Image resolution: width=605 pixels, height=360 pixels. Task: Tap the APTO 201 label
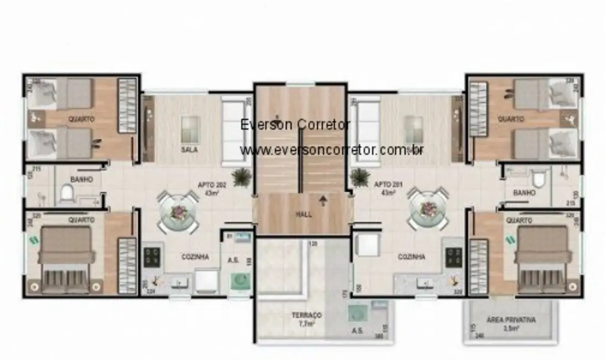(x=384, y=185)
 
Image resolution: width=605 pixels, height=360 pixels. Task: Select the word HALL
(x=304, y=214)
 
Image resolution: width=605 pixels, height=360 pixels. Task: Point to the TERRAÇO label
(x=306, y=315)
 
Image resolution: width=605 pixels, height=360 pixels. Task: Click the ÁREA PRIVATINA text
(x=511, y=320)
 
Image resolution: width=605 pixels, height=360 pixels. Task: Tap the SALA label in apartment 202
(x=189, y=150)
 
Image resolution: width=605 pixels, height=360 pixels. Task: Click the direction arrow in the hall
(x=323, y=200)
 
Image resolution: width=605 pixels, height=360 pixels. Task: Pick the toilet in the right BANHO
(x=537, y=178)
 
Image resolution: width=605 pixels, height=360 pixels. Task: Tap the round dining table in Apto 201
(x=428, y=209)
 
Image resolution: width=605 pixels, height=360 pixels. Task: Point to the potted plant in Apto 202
(x=242, y=177)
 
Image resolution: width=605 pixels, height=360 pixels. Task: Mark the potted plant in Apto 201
(x=360, y=177)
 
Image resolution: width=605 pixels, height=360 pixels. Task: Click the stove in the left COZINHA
(x=152, y=256)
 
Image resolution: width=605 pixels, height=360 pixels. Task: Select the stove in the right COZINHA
(x=454, y=256)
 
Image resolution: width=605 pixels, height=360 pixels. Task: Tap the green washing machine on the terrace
(x=358, y=313)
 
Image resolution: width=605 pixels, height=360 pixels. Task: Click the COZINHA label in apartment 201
(x=412, y=257)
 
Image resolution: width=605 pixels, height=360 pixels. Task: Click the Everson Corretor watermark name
(x=295, y=125)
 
